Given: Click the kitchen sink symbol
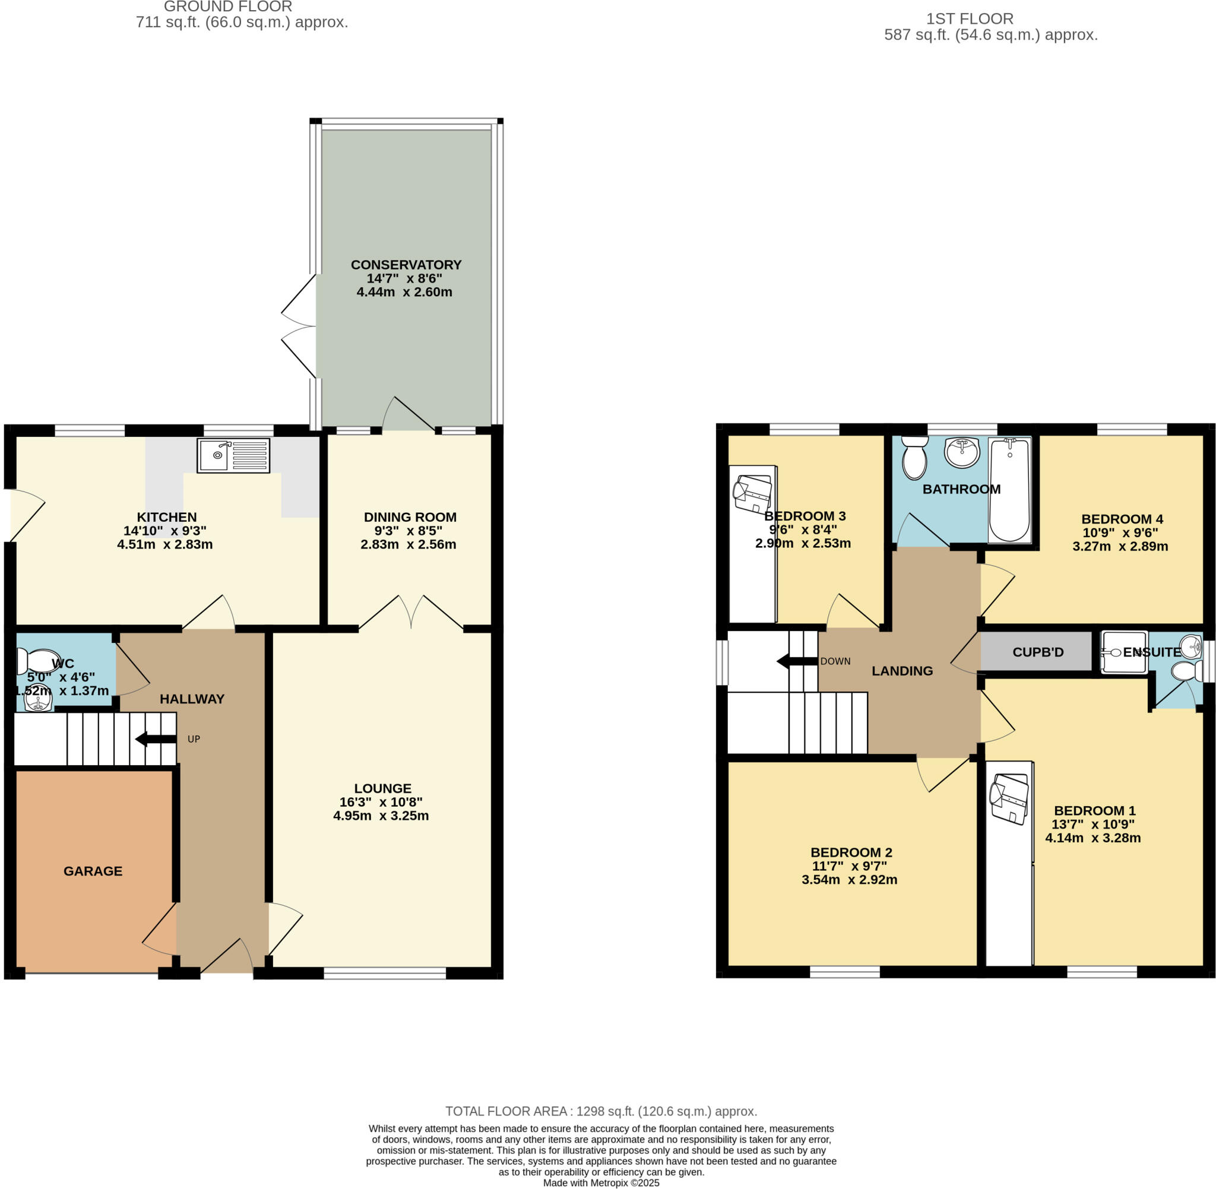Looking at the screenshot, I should tap(233, 455).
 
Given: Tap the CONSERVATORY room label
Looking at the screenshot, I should tap(406, 265).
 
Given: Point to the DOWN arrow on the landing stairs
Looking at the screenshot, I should tap(796, 661).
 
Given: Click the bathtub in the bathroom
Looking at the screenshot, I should tap(1009, 490).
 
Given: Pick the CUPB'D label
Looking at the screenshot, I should tap(1037, 652).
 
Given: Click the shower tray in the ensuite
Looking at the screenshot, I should tap(1123, 652).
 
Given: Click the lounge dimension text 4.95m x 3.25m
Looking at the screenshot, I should tap(381, 816).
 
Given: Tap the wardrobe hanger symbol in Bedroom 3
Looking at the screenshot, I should tap(753, 494).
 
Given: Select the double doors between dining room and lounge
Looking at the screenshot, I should tap(411, 612).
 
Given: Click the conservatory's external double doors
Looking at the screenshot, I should tap(299, 326).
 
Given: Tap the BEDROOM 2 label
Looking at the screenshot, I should tap(851, 852).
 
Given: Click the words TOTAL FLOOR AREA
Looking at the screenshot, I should tap(506, 1111).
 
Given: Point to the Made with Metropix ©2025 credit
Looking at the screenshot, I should tap(601, 1182).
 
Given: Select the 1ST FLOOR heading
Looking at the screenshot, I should tap(970, 19).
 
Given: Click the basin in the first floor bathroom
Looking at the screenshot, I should tap(961, 452).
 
